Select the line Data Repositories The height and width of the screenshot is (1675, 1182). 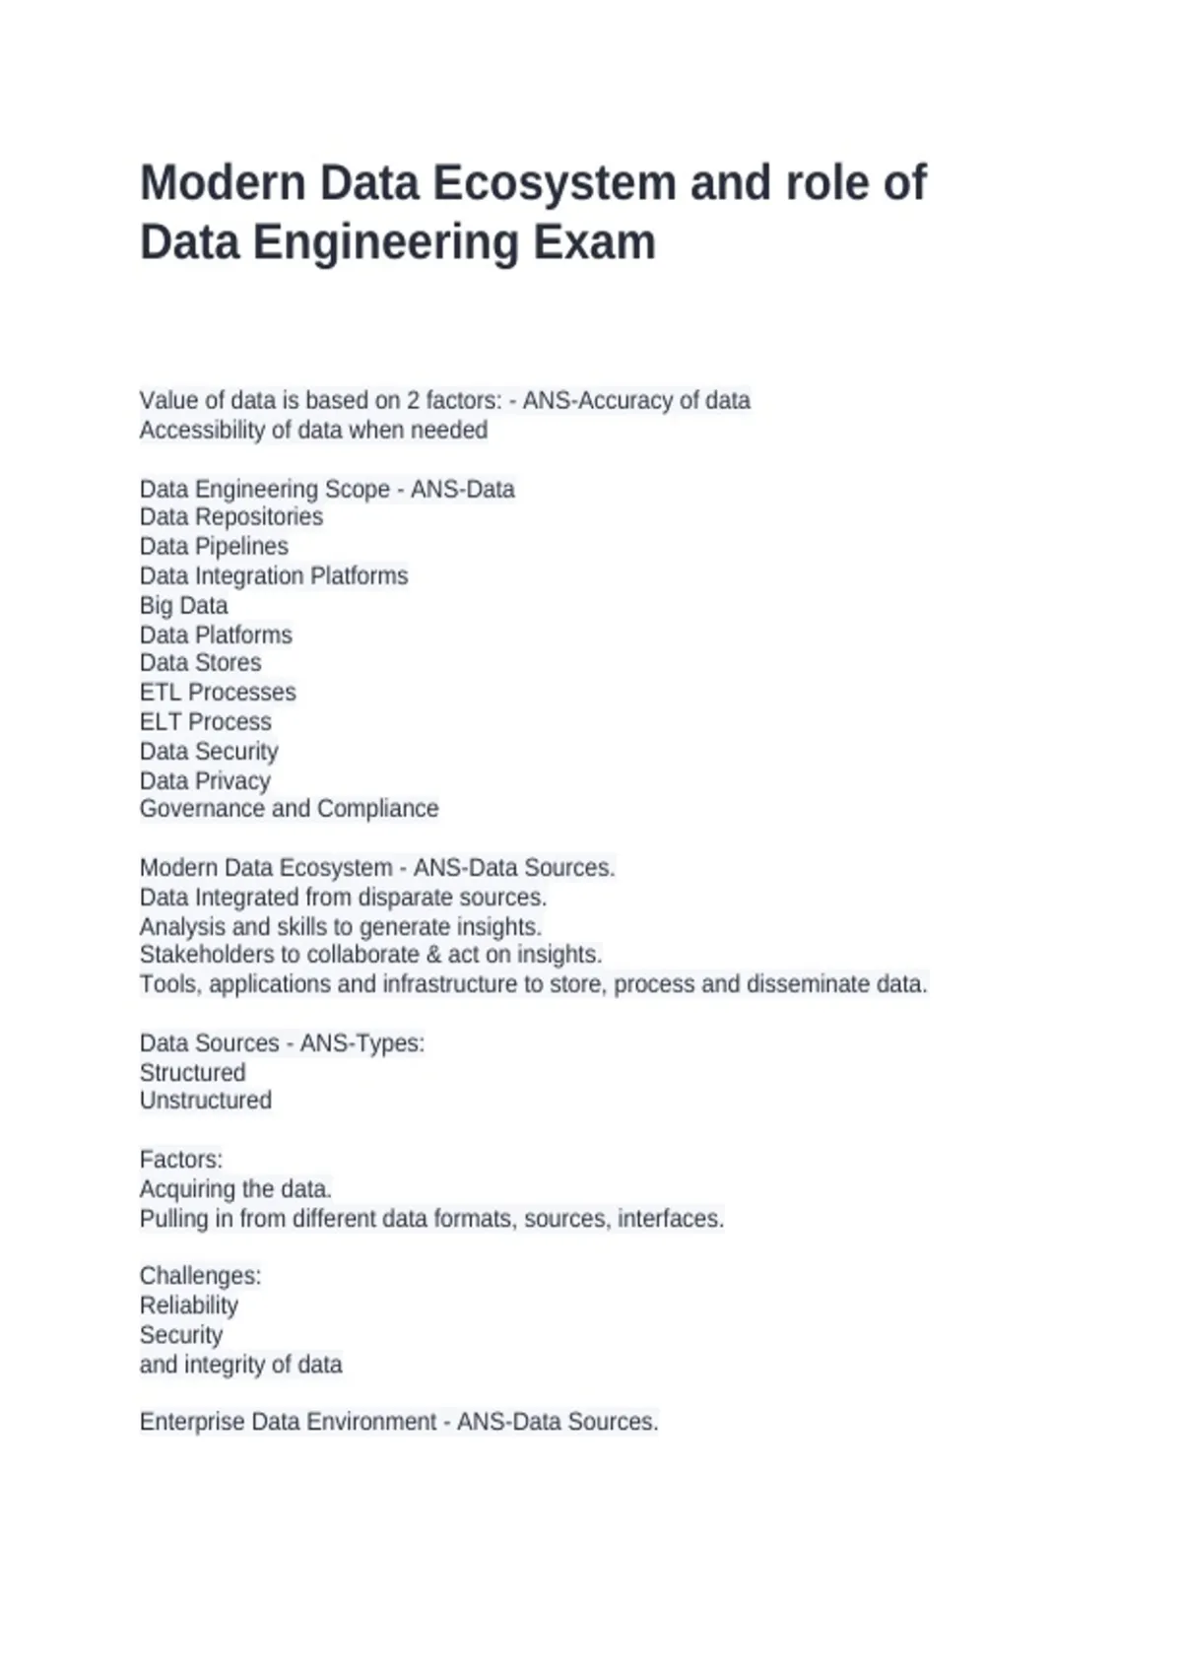point(231,517)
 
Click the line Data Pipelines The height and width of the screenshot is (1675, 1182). point(214,547)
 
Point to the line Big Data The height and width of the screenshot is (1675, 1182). point(183,606)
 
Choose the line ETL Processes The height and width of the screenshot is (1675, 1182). point(218,693)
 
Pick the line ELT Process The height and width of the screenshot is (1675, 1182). point(205,722)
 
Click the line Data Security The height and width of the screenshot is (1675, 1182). point(209,752)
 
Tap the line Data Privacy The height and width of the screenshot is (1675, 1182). point(205,781)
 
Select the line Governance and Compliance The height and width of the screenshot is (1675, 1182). point(289,809)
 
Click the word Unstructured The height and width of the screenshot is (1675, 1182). point(205,1101)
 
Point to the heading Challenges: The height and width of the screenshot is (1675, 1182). point(200,1276)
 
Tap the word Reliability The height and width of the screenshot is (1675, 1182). point(188,1306)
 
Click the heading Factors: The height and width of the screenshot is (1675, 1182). point(181,1160)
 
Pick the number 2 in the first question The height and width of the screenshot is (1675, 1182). point(414,401)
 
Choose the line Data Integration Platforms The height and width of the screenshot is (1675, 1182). point(274,576)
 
